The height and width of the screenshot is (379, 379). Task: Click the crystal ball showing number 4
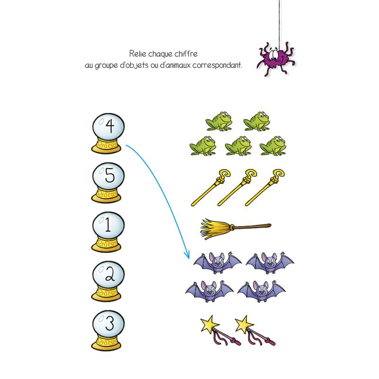click(108, 133)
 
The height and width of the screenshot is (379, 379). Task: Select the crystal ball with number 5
click(108, 182)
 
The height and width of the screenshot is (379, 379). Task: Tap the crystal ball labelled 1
click(108, 232)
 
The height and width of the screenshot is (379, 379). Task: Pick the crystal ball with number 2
click(108, 281)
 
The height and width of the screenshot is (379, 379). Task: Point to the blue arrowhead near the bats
click(187, 254)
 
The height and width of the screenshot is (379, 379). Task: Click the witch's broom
click(235, 229)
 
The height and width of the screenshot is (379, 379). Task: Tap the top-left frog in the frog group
click(219, 121)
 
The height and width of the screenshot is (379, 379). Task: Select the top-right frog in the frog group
click(257, 121)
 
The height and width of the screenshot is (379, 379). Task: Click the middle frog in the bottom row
click(238, 145)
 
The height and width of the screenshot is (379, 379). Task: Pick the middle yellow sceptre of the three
click(237, 188)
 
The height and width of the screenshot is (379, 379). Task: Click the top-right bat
click(270, 263)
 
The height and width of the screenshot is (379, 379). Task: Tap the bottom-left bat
click(209, 291)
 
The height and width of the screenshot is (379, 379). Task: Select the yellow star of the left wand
click(210, 324)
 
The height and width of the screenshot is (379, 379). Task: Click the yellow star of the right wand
click(244, 324)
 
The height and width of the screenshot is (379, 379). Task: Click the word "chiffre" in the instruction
click(186, 54)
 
